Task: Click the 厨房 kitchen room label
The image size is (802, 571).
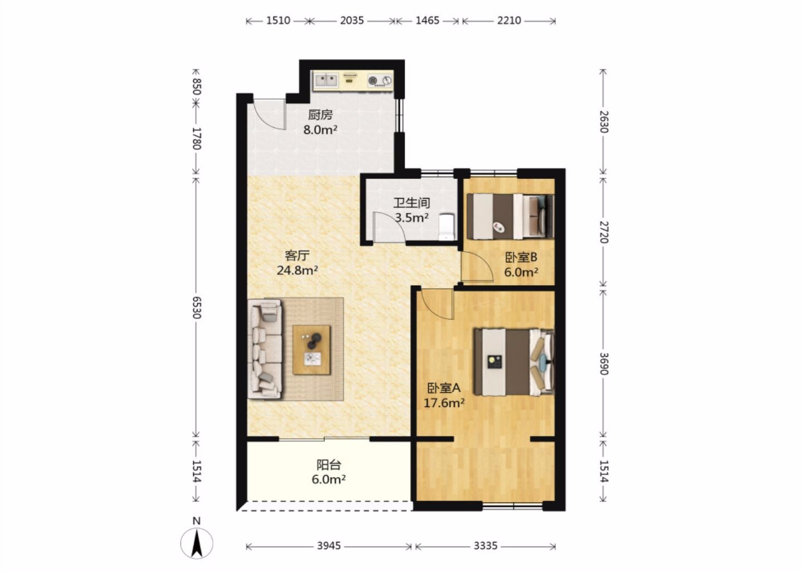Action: pos(320,115)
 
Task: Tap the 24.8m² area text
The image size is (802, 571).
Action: pos(297,270)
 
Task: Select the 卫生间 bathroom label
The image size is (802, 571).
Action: pos(412,203)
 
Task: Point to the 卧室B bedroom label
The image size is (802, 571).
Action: pos(521,257)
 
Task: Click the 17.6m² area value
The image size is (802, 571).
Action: pos(444,403)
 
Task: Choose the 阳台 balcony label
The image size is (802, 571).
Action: pos(329,465)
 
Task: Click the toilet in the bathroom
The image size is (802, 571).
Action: pos(447,227)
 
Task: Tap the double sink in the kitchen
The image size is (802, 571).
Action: pos(326,81)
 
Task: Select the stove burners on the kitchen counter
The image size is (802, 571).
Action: pos(380,81)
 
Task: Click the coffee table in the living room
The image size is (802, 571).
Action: pos(311,350)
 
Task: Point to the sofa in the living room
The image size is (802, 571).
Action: pos(264,349)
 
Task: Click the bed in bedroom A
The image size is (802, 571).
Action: pos(514,362)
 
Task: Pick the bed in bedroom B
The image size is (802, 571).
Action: pos(511,216)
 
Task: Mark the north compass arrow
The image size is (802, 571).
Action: pos(197,544)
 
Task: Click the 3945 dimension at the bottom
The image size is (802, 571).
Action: pos(329,546)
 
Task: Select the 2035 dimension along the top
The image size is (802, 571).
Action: pos(352,21)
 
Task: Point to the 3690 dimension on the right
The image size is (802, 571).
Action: pos(604,364)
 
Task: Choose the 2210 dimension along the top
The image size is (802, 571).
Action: pos(509,21)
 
